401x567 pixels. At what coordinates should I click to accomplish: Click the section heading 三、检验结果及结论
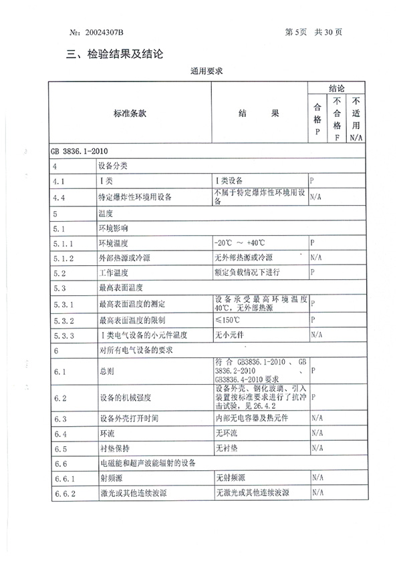pos(115,53)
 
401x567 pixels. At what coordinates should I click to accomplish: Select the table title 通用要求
pos(205,70)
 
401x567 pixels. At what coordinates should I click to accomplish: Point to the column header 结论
pos(336,88)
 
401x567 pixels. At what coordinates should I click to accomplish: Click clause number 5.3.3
pos(61,335)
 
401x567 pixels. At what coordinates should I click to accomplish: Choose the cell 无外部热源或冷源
pos(243,257)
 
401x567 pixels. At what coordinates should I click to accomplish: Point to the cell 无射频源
pos(231,479)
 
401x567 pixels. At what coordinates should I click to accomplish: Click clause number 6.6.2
pos(61,494)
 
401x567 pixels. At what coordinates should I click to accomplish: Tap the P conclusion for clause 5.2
pos(313,273)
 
